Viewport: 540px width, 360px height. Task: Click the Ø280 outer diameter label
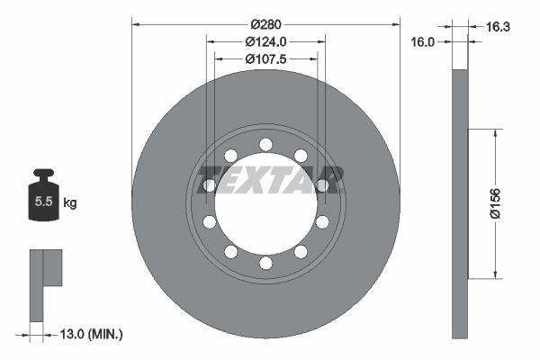pos(265,22)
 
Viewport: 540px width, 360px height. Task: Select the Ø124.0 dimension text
pos(265,41)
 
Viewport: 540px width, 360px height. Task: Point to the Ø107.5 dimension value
pos(265,59)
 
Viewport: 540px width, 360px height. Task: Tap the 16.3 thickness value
pos(497,27)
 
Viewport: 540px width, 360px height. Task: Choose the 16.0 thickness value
pos(424,41)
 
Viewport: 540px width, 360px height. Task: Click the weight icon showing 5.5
pos(43,200)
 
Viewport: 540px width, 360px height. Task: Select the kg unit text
pos(69,203)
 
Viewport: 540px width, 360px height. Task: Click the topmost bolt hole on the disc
pos(265,144)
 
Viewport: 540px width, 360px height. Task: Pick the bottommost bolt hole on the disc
pos(265,263)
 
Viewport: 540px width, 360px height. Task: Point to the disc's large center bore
pos(265,203)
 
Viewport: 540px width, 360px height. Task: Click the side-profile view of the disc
pos(460,203)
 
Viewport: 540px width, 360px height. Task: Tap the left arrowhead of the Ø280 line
pos(136,22)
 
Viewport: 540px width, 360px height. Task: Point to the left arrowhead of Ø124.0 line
pos(211,41)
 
